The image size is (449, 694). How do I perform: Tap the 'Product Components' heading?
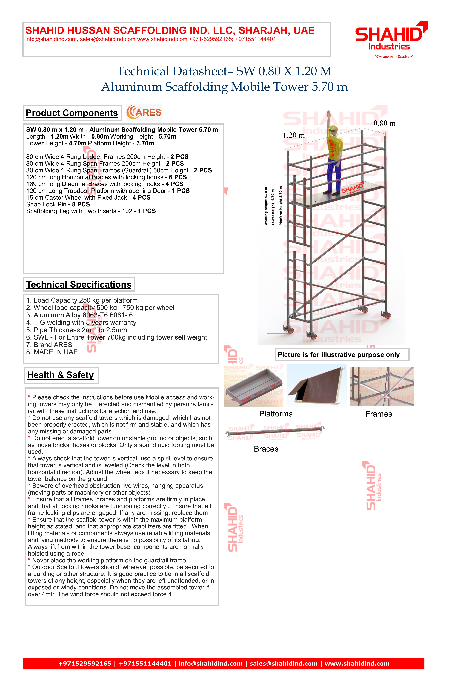pyautogui.click(x=72, y=113)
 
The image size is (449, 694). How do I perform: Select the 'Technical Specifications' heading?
pyautogui.click(x=79, y=285)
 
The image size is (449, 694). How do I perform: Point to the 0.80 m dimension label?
pyautogui.click(x=385, y=124)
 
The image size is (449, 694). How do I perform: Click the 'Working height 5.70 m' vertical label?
pyautogui.click(x=266, y=206)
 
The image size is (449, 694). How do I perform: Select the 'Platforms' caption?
pyautogui.click(x=276, y=414)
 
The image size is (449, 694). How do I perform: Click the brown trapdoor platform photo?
pyautogui.click(x=317, y=386)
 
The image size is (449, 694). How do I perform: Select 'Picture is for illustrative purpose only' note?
pyautogui.click(x=339, y=355)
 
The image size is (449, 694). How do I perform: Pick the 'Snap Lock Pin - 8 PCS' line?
pyautogui.click(x=58, y=204)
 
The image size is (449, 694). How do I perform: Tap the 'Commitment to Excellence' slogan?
pyautogui.click(x=394, y=57)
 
